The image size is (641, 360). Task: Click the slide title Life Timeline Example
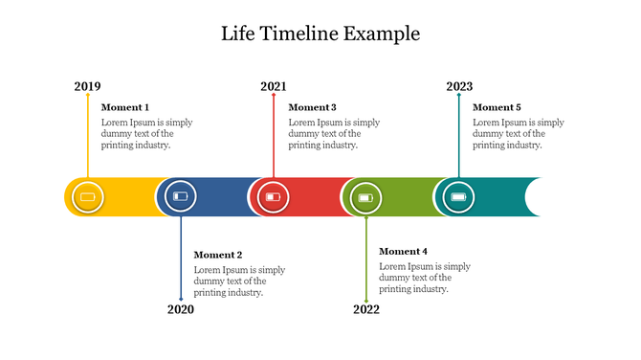[320, 34]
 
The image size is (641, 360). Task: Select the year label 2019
[87, 87]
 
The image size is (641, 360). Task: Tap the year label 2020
[181, 309]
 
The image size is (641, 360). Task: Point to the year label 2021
[273, 87]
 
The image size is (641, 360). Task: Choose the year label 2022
[366, 309]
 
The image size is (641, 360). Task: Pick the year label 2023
[459, 87]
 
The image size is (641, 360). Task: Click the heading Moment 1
[125, 107]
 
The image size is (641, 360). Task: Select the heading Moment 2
[218, 255]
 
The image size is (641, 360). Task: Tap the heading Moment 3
[312, 107]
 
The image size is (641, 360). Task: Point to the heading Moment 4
[404, 251]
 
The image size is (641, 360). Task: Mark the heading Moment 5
[497, 107]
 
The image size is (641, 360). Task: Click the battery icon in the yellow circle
[88, 197]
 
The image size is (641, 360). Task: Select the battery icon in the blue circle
[181, 197]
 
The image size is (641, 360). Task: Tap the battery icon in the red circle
[274, 197]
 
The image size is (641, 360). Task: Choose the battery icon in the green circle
[365, 198]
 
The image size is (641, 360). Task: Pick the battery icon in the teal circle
[458, 197]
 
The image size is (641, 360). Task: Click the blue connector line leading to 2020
[181, 259]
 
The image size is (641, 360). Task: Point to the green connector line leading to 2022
[365, 259]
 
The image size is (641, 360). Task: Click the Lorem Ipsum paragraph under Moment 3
[334, 134]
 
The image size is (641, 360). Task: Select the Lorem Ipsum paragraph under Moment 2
[239, 281]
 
